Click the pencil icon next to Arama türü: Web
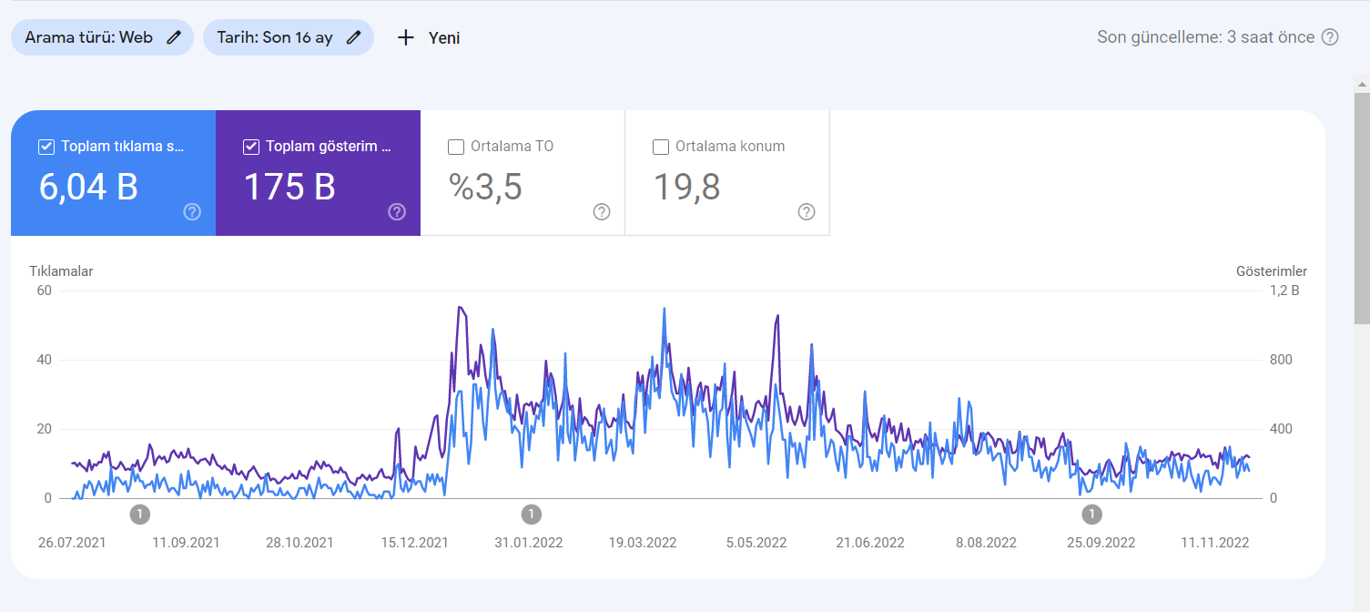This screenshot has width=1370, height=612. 174,37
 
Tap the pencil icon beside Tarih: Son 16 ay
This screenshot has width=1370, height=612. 353,37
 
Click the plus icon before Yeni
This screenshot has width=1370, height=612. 405,38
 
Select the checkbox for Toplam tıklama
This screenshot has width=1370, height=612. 46,147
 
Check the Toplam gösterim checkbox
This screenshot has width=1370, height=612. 251,147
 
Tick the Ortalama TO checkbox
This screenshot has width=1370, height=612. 456,147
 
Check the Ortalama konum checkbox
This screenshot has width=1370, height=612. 661,147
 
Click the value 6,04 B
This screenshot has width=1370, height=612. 88,187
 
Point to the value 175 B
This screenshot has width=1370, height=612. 289,187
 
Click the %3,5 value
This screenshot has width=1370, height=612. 485,187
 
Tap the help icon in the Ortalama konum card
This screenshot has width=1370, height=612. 807,212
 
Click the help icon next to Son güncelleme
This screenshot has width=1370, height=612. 1330,37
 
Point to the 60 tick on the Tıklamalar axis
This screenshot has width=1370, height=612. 44,291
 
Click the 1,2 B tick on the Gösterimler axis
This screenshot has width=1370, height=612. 1284,291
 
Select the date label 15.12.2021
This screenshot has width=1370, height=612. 415,543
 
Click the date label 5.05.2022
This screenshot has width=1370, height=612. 756,543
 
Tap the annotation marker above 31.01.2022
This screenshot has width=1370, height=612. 532,514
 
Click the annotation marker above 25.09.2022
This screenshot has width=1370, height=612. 1091,514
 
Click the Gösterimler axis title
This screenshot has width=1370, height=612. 1272,271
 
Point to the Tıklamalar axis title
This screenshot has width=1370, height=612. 61,271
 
